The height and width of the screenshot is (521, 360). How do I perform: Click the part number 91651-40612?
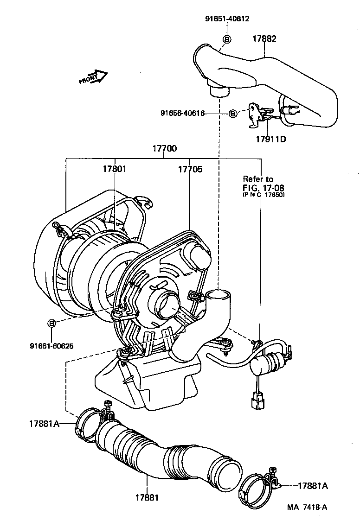[x=227, y=19]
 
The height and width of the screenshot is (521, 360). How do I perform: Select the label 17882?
[x=264, y=39]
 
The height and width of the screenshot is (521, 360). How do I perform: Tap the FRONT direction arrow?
[x=93, y=77]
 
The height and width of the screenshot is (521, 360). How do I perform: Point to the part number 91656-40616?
[x=182, y=113]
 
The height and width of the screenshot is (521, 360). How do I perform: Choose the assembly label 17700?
[x=164, y=149]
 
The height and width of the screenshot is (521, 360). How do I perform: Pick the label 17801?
[x=114, y=169]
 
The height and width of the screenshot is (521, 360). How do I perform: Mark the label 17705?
[x=190, y=169]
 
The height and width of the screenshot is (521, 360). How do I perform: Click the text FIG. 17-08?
[x=264, y=188]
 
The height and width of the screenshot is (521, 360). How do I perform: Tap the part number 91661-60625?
[x=51, y=345]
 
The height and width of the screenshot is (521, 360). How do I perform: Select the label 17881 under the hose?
[x=147, y=497]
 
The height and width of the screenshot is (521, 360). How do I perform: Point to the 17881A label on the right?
[x=312, y=486]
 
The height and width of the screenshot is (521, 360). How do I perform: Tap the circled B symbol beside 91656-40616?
[x=233, y=113]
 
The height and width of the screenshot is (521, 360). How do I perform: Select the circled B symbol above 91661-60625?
[x=51, y=323]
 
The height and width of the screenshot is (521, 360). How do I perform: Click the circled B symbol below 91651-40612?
[x=227, y=39]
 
